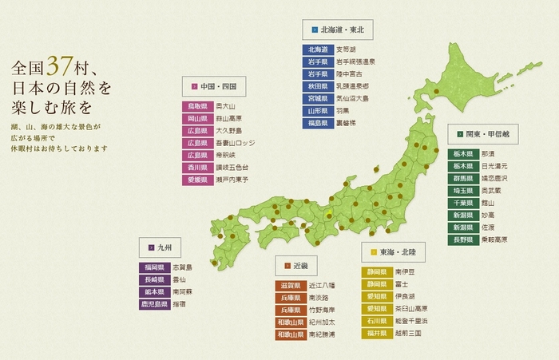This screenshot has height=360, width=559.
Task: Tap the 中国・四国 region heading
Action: click(214, 85)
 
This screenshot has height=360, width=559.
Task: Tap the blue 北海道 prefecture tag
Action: click(307, 49)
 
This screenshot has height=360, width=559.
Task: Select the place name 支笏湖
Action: click(344, 49)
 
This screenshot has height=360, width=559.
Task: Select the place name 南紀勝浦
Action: click(321, 334)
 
